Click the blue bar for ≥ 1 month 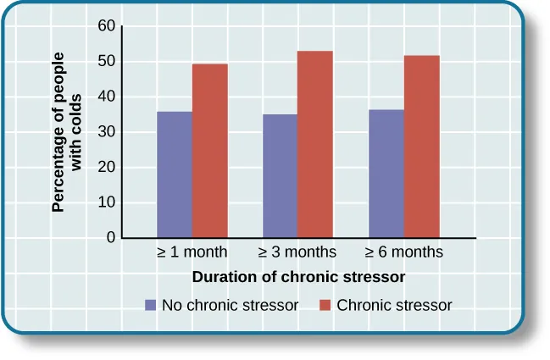click(x=175, y=174)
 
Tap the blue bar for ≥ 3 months click(x=280, y=176)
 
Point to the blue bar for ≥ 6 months click(x=386, y=174)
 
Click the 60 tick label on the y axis click(x=106, y=26)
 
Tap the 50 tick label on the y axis click(x=106, y=62)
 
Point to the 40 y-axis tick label click(x=106, y=97)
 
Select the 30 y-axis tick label click(x=106, y=132)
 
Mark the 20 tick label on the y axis click(x=106, y=168)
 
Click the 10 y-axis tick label click(x=106, y=203)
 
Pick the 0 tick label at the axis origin click(x=110, y=238)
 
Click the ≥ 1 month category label click(x=192, y=252)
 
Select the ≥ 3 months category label click(x=297, y=252)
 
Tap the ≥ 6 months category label click(x=403, y=252)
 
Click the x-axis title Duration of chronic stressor click(x=298, y=277)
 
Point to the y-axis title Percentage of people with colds click(x=72, y=132)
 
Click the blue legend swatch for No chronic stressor click(x=151, y=305)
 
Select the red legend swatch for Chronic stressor click(x=325, y=305)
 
